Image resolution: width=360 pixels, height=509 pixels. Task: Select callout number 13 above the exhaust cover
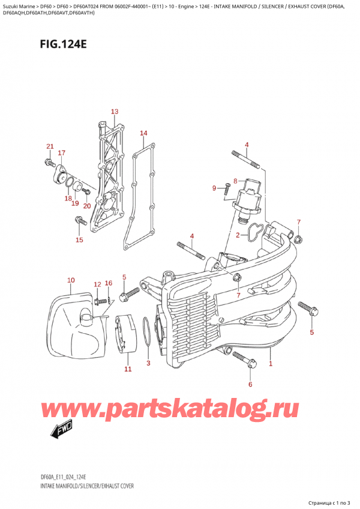[x=115, y=112]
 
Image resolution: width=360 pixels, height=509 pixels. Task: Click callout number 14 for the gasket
[x=143, y=133]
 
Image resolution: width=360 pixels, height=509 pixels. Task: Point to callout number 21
[x=50, y=147]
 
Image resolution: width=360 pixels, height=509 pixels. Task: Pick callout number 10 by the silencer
[x=71, y=280]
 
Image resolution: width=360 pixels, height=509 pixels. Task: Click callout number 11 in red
[x=128, y=369]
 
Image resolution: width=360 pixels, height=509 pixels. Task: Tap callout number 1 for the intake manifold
[x=271, y=364]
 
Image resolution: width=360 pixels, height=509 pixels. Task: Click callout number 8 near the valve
[x=236, y=180]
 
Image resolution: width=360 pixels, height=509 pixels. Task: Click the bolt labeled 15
[x=79, y=223]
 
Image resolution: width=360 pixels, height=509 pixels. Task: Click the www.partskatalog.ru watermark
[x=180, y=409]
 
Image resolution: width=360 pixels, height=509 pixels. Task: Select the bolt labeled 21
[x=47, y=162]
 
